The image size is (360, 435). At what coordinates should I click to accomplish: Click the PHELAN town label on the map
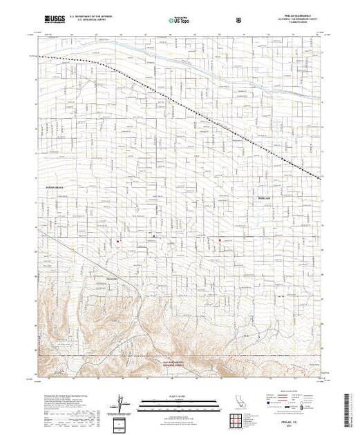click(256, 197)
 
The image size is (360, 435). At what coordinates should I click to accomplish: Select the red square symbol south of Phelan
click(220, 240)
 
